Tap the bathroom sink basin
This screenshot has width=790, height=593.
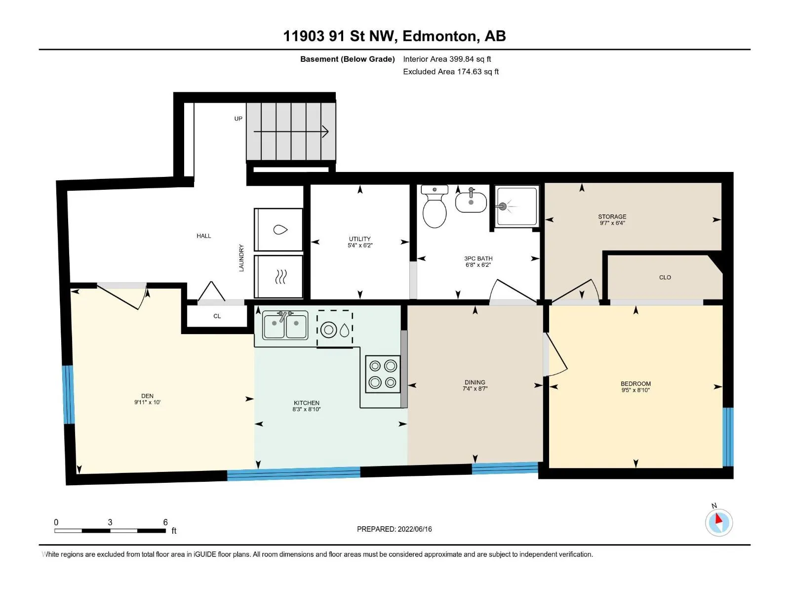coord(471,202)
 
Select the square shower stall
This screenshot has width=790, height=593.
coord(517,206)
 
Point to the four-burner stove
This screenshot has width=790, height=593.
coord(383,374)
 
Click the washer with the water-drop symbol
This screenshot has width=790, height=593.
coord(278,230)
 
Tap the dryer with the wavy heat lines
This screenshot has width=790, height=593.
coord(278,277)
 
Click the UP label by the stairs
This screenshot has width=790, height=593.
coord(238,119)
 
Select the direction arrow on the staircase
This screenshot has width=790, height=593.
coord(291,131)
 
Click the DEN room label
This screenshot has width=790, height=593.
coord(147,396)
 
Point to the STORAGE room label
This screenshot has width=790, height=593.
coord(612,217)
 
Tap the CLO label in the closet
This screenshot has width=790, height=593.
coord(665,278)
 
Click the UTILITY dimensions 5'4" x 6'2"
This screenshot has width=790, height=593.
coord(360,246)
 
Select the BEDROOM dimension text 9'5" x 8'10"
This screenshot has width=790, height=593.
coord(635,390)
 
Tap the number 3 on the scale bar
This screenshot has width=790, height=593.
coord(110,522)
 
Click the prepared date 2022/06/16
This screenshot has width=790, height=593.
coord(415,529)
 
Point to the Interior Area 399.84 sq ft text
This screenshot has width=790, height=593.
coord(447,59)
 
